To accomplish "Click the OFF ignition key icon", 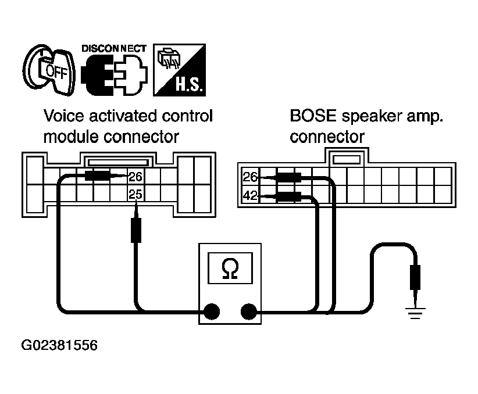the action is pos(49,70).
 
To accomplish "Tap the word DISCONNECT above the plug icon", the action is pos(114,48).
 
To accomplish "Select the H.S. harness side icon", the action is pos(179,70).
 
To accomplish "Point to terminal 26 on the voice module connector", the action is pos(135,177).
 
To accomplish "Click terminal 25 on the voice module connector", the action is pos(135,194).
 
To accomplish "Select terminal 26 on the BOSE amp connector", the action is pos(250,177).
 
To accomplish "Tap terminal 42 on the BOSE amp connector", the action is pos(250,195).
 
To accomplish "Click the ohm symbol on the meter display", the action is pos(230,268).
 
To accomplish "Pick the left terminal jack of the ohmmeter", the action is pos(212,311).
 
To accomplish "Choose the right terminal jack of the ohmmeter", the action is pos(249,311).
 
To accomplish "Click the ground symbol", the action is pos(415,314).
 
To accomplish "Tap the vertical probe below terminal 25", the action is pos(136,223).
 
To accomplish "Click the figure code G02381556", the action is pos(59,345).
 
